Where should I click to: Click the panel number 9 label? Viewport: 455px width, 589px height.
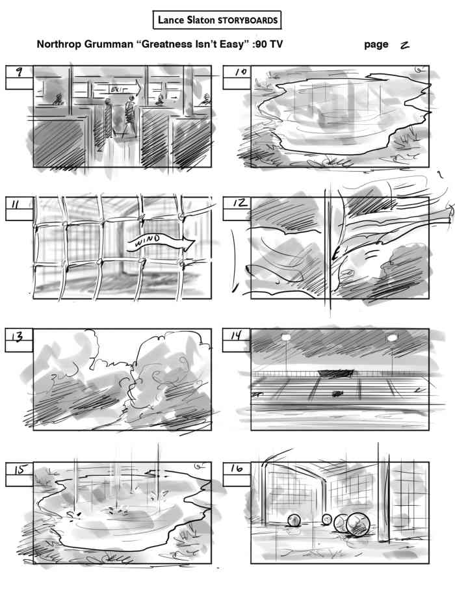pyautogui.click(x=19, y=73)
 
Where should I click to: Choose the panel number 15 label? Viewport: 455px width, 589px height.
pyautogui.click(x=19, y=469)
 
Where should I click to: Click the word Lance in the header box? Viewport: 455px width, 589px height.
pyautogui.click(x=170, y=21)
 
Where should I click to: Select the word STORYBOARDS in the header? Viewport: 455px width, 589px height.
pyautogui.click(x=247, y=21)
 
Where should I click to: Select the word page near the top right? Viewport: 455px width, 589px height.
pyautogui.click(x=376, y=45)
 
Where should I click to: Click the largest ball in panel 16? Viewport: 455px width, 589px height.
pyautogui.click(x=356, y=525)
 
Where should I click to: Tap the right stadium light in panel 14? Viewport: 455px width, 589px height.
pyautogui.click(x=391, y=337)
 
